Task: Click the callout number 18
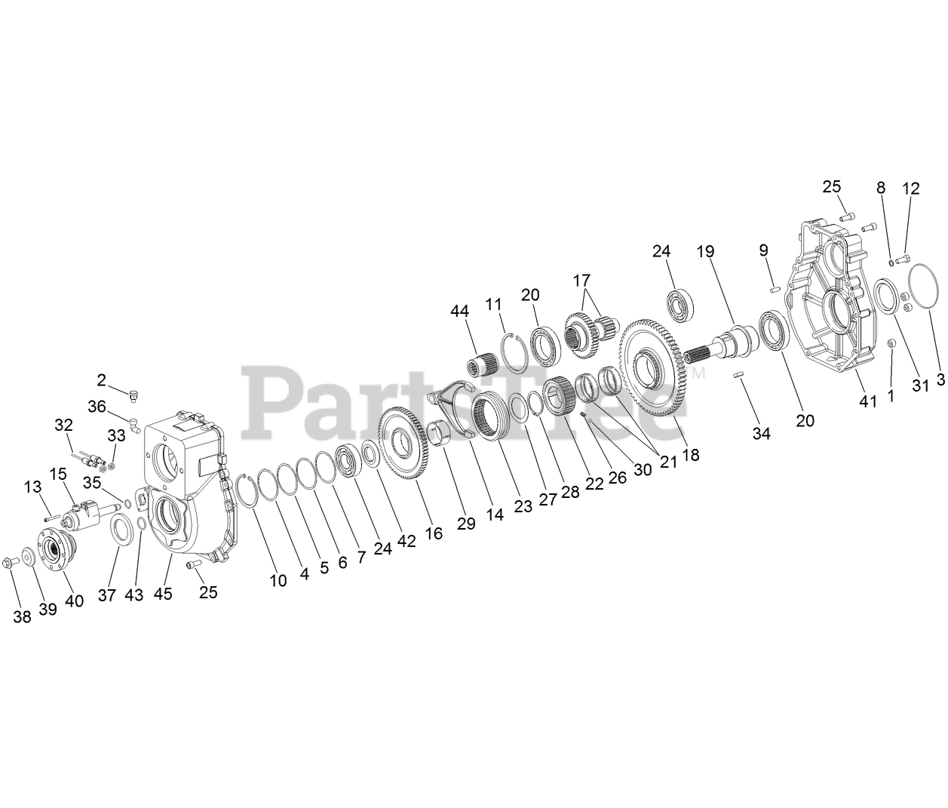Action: click(x=690, y=455)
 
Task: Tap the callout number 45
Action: click(x=163, y=594)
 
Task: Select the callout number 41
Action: click(x=868, y=401)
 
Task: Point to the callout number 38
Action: click(x=23, y=616)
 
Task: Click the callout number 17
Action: click(x=581, y=280)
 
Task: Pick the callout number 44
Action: click(x=460, y=310)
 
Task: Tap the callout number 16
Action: click(x=434, y=533)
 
